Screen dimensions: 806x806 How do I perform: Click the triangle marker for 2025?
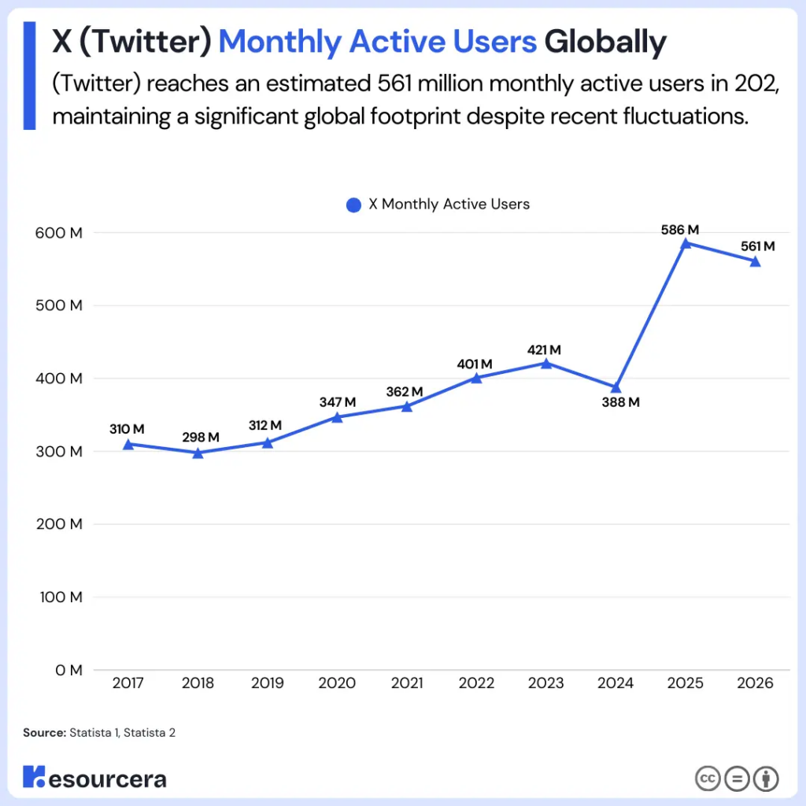click(x=686, y=243)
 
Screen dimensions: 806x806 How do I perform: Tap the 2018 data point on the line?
click(x=198, y=453)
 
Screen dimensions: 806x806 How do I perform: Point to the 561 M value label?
click(x=757, y=246)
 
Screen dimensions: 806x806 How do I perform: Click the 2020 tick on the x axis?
click(x=337, y=683)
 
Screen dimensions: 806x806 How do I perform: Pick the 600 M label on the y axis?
click(x=59, y=233)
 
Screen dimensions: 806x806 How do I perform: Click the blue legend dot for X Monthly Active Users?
click(x=353, y=205)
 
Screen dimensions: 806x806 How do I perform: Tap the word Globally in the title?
click(x=605, y=42)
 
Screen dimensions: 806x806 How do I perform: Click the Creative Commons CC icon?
click(x=708, y=778)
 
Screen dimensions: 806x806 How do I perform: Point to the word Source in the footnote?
click(x=43, y=733)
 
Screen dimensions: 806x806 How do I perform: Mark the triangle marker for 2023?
click(x=545, y=363)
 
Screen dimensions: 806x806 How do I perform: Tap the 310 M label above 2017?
click(x=127, y=430)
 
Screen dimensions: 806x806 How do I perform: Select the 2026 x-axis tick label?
click(x=755, y=683)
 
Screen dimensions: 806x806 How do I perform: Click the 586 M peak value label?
click(x=680, y=230)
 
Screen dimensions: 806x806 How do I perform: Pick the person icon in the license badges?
click(x=765, y=778)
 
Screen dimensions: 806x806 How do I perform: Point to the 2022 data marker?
click(x=476, y=378)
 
